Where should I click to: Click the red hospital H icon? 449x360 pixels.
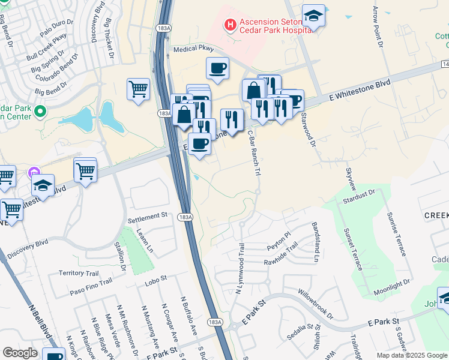[229, 25]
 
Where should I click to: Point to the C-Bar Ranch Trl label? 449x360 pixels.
[254, 154]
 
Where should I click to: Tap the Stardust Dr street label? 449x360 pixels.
[360, 196]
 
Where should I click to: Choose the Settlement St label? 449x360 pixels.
[148, 215]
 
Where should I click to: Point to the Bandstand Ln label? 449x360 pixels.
[315, 242]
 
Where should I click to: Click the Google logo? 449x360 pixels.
[20, 353]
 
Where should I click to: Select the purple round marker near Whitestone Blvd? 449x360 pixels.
[34, 174]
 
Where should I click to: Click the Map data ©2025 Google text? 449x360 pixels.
[412, 355]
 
